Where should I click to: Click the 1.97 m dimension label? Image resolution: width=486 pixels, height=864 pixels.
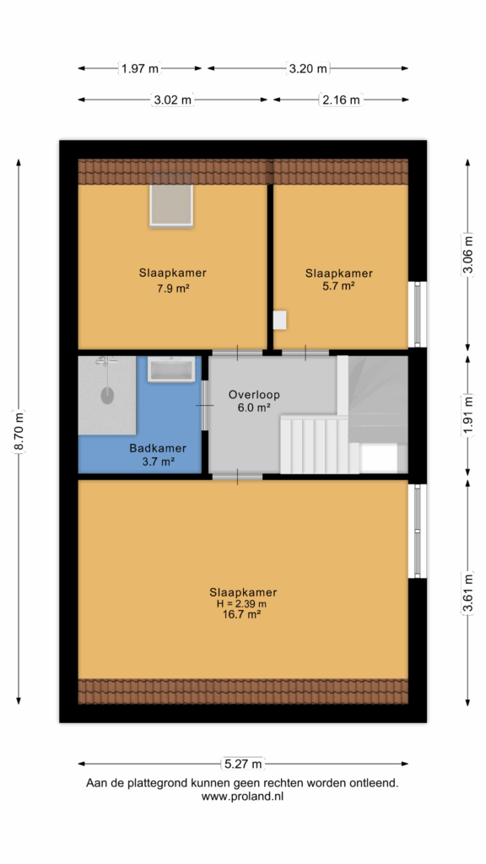pyautogui.click(x=140, y=68)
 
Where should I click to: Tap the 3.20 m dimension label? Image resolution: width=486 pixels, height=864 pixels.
pyautogui.click(x=308, y=68)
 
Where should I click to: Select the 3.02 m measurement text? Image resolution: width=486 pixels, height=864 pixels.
pyautogui.click(x=172, y=100)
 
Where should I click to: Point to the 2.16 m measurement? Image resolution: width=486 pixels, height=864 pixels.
pyautogui.click(x=340, y=100)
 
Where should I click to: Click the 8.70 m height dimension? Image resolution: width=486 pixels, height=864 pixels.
pyautogui.click(x=19, y=432)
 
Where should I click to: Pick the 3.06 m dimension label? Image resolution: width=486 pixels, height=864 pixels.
pyautogui.click(x=467, y=254)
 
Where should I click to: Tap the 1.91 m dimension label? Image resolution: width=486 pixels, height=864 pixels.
pyautogui.click(x=467, y=416)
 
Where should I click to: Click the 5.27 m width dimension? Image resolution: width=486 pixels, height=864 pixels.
pyautogui.click(x=243, y=764)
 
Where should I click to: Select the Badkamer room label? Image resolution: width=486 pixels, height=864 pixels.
pyautogui.click(x=158, y=449)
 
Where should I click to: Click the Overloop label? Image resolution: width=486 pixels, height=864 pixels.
pyautogui.click(x=254, y=395)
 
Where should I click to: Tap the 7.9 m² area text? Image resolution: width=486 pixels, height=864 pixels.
pyautogui.click(x=173, y=288)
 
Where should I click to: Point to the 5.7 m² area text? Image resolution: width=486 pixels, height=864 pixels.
pyautogui.click(x=339, y=285)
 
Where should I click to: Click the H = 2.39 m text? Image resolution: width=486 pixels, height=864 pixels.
pyautogui.click(x=243, y=604)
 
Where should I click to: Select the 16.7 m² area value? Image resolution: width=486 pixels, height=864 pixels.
pyautogui.click(x=243, y=615)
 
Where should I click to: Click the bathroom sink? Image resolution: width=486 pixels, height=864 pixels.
pyautogui.click(x=170, y=370)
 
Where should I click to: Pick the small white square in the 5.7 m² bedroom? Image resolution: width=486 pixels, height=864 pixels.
pyautogui.click(x=280, y=320)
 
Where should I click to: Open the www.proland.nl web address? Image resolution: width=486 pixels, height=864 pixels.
pyautogui.click(x=242, y=796)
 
